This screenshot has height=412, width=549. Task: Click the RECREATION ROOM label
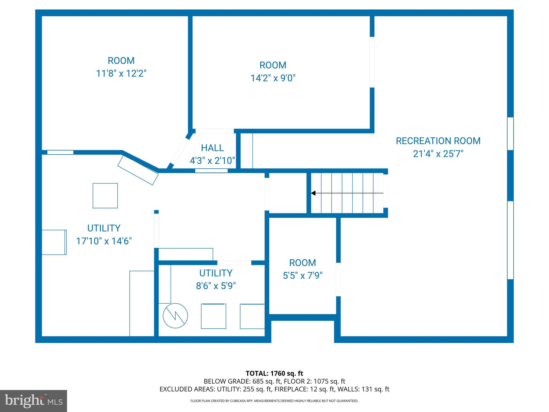click(438, 141)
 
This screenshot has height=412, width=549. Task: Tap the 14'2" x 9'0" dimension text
click(273, 78)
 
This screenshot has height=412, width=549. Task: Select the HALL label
click(212, 148)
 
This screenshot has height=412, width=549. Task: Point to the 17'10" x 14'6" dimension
click(104, 241)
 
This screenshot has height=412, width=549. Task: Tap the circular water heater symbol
click(175, 315)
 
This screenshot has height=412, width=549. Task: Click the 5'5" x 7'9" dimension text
click(303, 275)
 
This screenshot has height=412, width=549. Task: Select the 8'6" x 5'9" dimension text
click(216, 286)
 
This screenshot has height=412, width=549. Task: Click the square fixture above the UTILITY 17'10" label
click(105, 196)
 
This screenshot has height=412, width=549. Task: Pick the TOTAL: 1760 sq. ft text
click(274, 373)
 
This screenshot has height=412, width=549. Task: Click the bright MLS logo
click(33, 401)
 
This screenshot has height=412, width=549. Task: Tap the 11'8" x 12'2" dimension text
click(121, 73)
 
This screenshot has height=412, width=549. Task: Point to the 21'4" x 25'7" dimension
click(438, 154)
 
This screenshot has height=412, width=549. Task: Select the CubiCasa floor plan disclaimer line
click(274, 401)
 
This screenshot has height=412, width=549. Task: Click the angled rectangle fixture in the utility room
click(138, 170)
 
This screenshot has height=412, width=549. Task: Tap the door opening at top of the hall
click(214, 131)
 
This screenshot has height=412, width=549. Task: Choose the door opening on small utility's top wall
click(234, 263)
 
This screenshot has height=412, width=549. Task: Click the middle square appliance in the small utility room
click(213, 316)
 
